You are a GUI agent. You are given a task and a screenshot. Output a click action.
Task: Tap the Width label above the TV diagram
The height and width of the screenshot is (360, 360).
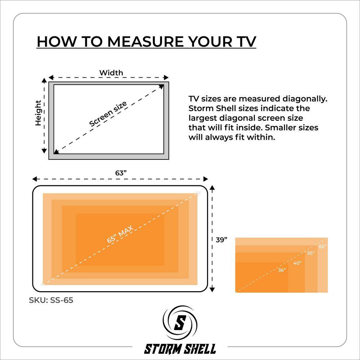pyautogui.click(x=111, y=73)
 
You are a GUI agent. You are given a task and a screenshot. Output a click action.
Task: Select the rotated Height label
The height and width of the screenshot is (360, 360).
pyautogui.click(x=38, y=113)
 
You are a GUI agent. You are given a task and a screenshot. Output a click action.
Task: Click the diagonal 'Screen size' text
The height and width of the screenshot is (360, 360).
pyautogui.click(x=108, y=113)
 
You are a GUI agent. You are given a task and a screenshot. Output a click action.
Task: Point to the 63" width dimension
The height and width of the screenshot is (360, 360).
pyautogui.click(x=121, y=173)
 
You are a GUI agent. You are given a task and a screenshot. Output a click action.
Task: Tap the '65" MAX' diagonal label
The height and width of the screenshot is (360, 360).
pyautogui.click(x=120, y=234)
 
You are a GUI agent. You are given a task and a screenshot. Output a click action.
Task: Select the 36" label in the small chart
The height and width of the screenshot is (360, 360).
pyautogui.click(x=282, y=270)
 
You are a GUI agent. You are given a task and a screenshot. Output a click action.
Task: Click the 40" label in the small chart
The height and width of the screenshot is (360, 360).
pyautogui.click(x=297, y=263)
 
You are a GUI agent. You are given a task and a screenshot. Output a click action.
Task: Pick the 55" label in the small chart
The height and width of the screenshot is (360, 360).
pyautogui.click(x=311, y=253)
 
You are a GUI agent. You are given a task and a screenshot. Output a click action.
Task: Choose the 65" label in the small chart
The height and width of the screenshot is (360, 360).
pyautogui.click(x=323, y=247)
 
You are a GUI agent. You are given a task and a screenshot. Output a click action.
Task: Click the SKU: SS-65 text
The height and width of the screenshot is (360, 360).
pyautogui.click(x=51, y=300)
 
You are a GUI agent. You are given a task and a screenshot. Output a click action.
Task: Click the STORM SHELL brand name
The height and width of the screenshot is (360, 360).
pyautogui.click(x=180, y=348)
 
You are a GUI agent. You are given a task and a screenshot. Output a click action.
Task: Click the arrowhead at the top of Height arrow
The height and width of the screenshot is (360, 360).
pyautogui.click(x=44, y=80)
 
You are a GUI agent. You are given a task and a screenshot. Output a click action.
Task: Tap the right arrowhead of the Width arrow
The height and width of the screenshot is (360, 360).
pyautogui.click(x=166, y=77)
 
